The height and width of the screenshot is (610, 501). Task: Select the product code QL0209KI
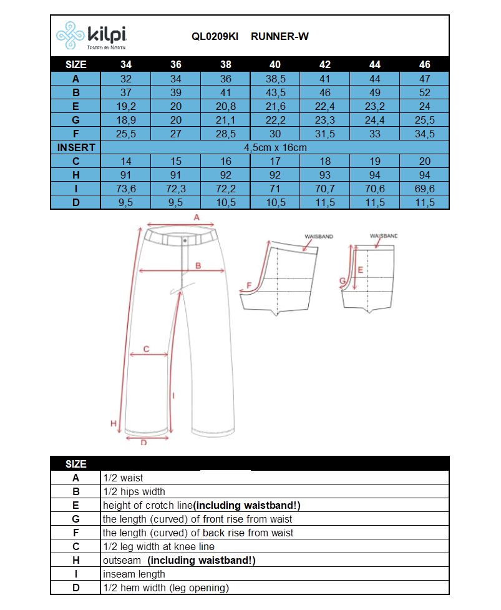(x=215, y=36)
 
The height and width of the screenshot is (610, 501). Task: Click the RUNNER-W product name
(x=280, y=36)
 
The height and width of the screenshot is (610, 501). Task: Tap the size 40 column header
(x=275, y=64)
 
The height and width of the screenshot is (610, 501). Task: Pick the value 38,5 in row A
(x=275, y=79)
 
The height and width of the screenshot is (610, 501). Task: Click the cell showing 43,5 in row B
(x=275, y=92)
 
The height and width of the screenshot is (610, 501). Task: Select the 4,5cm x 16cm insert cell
(x=275, y=147)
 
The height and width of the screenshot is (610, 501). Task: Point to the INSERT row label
(x=75, y=147)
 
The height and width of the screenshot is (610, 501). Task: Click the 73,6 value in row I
(x=126, y=189)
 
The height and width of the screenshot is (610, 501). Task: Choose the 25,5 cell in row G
(x=424, y=120)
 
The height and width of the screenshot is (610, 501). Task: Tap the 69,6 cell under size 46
(x=424, y=189)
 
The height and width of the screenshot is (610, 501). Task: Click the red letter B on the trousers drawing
(x=198, y=265)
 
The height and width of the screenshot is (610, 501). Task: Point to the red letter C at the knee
(x=146, y=349)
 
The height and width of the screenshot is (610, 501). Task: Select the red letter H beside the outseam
(x=114, y=423)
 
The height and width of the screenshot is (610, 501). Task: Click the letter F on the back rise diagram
(x=250, y=285)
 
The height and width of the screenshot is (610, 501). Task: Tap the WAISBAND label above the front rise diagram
(x=383, y=236)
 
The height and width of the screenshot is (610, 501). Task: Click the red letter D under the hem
(x=143, y=443)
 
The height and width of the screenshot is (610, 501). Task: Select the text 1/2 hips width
(x=134, y=491)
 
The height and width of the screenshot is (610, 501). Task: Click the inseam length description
(x=134, y=574)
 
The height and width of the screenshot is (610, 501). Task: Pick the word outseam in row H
(x=122, y=560)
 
